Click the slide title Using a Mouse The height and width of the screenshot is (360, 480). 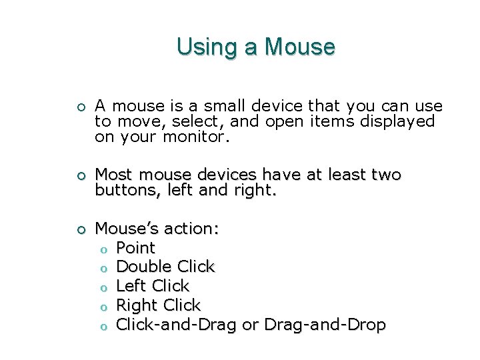[255, 47]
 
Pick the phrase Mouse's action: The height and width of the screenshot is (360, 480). [157, 229]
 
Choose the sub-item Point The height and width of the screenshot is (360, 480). [135, 248]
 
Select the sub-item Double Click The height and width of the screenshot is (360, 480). [165, 267]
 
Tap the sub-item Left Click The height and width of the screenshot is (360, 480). [153, 286]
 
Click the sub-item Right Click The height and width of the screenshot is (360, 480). [158, 305]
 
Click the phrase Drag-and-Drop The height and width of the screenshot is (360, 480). [325, 325]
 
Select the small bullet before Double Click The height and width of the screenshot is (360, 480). [103, 268]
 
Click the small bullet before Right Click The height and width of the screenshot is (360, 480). [103, 307]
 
